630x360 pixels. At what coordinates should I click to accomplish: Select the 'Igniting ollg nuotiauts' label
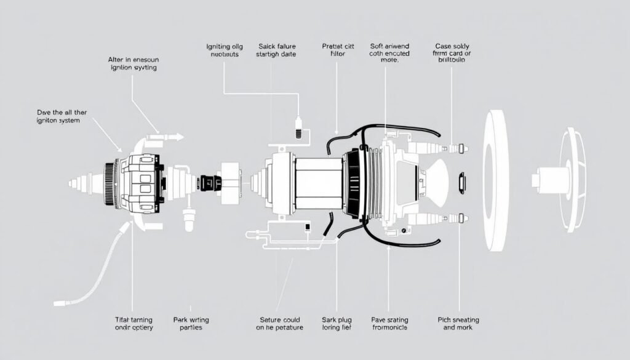tap(224, 50)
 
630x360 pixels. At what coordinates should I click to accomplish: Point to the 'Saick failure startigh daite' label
tap(276, 50)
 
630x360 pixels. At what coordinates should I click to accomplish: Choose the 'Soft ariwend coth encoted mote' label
tap(390, 53)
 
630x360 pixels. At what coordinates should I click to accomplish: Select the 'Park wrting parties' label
tap(191, 324)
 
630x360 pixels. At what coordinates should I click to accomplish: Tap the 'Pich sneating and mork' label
tap(458, 324)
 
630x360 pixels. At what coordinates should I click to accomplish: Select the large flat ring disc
tap(495, 181)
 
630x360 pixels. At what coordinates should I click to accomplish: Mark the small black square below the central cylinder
tap(307, 228)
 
